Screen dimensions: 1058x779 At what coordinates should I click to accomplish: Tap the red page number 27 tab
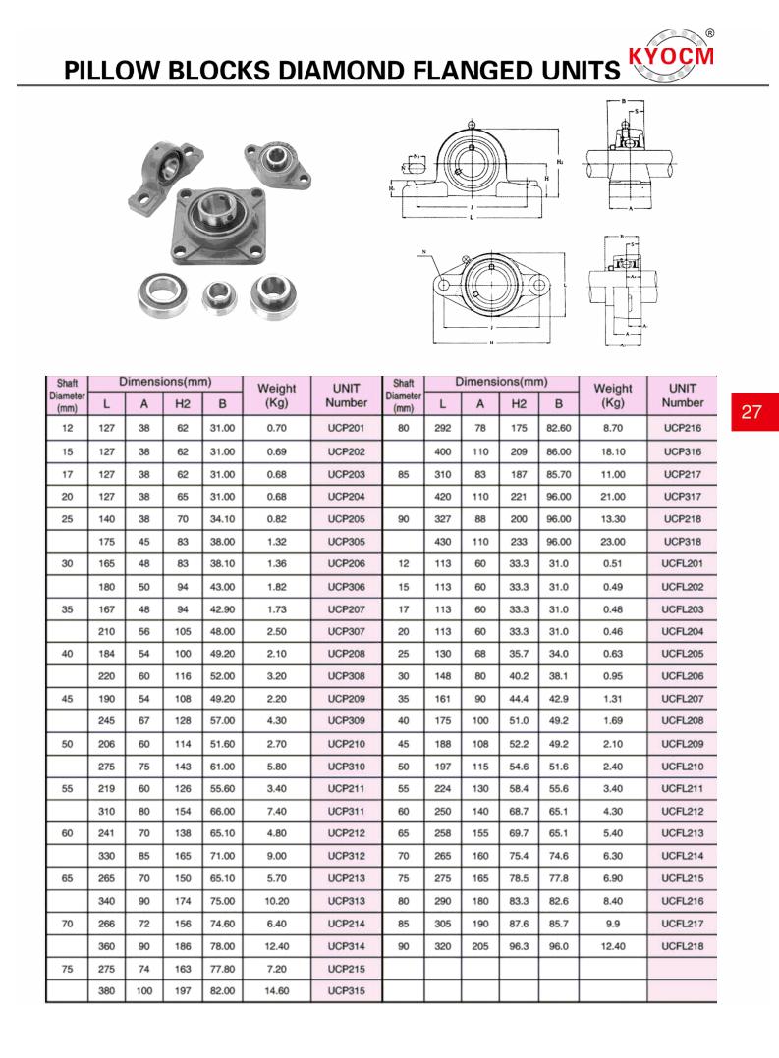(751, 411)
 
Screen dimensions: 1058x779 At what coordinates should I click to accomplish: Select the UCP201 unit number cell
(346, 428)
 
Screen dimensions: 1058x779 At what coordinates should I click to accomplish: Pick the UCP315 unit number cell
(346, 991)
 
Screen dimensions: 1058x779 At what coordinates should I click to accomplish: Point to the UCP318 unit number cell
(682, 541)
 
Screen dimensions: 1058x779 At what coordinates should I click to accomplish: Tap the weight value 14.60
(276, 991)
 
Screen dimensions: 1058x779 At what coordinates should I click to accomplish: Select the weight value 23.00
(612, 541)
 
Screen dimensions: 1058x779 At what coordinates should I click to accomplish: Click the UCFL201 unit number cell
(682, 563)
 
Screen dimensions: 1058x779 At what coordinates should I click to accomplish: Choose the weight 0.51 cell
(612, 563)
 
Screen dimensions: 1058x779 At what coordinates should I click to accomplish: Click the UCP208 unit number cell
(346, 654)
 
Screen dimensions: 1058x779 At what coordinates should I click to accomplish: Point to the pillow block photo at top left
(157, 177)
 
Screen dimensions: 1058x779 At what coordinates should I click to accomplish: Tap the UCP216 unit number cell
(682, 428)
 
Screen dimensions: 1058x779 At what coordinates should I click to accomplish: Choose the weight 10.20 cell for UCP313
(276, 901)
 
